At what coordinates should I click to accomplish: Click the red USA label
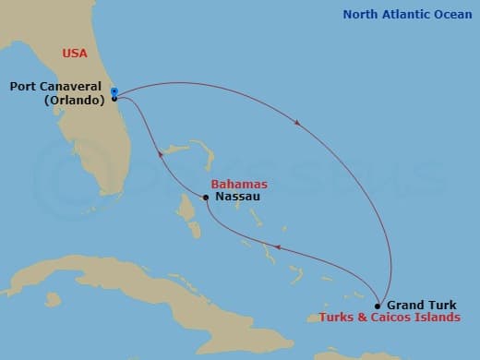(x=75, y=53)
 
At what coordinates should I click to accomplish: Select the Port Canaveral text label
(x=57, y=87)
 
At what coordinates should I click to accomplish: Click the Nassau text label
(x=234, y=197)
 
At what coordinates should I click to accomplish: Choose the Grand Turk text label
(x=421, y=305)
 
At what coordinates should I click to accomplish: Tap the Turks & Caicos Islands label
(x=390, y=317)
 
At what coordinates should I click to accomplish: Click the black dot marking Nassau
(x=206, y=197)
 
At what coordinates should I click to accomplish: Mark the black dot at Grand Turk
(x=378, y=305)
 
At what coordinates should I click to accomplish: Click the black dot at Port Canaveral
(x=114, y=98)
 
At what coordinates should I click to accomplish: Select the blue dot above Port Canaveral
(x=114, y=90)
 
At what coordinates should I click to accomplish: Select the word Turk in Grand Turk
(x=440, y=305)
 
